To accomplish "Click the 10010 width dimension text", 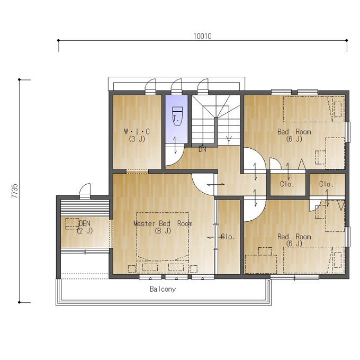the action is tap(202, 37).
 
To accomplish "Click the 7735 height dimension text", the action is tap(14, 191).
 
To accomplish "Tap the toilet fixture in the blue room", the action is tap(177, 116).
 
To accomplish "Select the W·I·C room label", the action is tap(137, 131).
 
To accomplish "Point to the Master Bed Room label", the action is tap(163, 223).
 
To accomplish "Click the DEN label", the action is tap(85, 223).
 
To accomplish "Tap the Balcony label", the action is tap(163, 289).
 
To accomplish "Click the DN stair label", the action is tap(202, 149).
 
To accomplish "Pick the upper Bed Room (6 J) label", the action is tap(294, 135).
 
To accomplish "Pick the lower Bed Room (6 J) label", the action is tap(294, 240).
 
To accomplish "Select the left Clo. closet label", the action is tap(287, 184).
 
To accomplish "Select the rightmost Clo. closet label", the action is tap(326, 184).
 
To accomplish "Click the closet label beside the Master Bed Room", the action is tap(228, 237).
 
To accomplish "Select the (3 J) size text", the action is tap(137, 139).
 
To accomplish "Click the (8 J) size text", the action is tap(163, 231).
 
